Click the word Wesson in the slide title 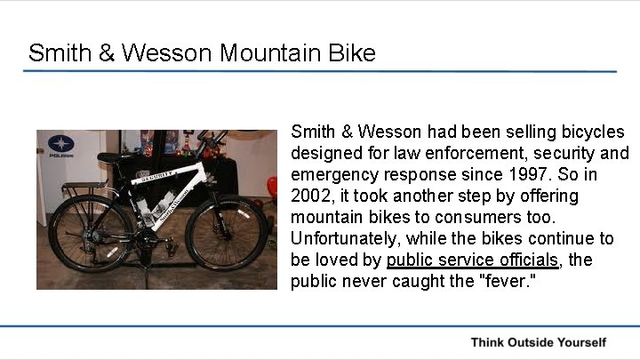pyautogui.click(x=167, y=53)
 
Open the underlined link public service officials pyautogui.click(x=473, y=260)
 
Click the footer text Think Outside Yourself pyautogui.click(x=538, y=342)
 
